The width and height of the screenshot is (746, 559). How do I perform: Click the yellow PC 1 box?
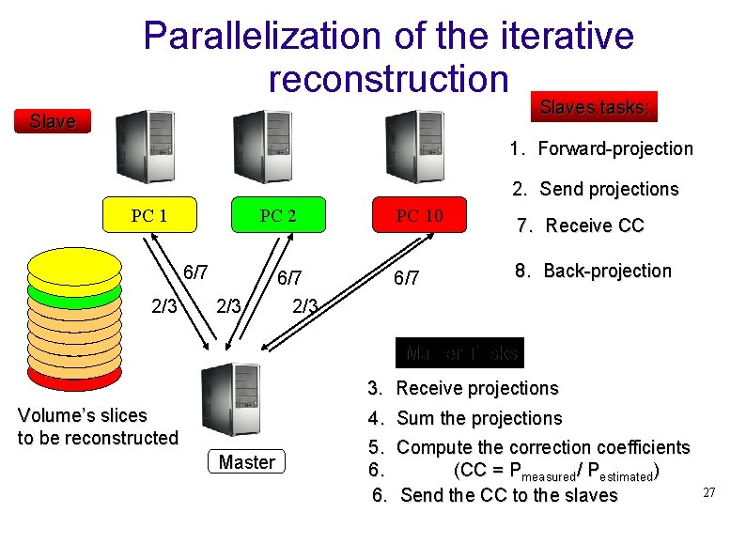(149, 215)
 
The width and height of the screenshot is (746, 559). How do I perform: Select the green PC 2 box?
(277, 215)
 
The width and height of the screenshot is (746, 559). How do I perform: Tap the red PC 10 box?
(419, 215)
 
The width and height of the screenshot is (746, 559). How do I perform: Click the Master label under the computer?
(246, 462)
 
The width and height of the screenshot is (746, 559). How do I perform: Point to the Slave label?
(53, 121)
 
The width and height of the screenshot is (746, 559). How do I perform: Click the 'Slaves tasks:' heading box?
(594, 107)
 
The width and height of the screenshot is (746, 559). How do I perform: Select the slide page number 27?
(709, 493)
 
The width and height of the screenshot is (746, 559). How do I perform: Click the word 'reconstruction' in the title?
(388, 79)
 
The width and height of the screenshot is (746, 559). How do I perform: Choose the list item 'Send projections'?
(608, 189)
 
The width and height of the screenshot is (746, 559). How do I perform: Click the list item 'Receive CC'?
(594, 225)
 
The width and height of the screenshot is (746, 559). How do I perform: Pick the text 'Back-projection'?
(607, 271)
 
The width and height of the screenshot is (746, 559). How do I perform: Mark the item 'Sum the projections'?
(479, 418)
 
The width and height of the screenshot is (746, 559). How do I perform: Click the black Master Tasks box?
(460, 353)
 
